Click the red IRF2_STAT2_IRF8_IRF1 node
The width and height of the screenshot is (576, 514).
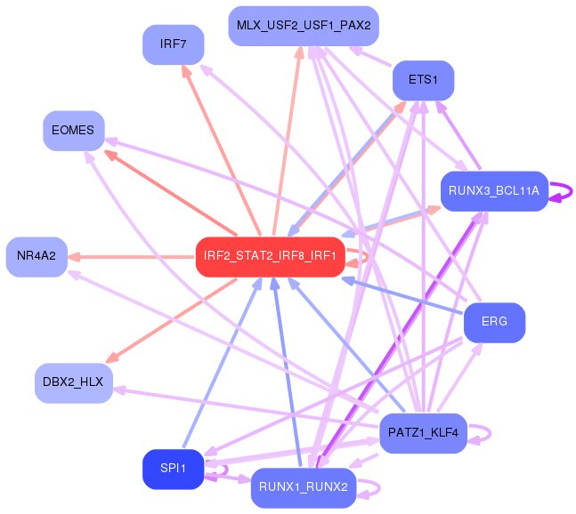pos(270,257)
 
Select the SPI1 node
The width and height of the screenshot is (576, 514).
pos(173,470)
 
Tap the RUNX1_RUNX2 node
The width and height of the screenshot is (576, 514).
pos(304,487)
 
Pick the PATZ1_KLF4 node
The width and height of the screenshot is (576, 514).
pos(423,434)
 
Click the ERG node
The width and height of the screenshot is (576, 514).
pos(494,322)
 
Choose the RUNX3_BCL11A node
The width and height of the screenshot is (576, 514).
pos(493,190)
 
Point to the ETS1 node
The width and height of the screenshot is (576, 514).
pos(423,80)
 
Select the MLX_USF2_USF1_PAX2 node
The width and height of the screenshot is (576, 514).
pos(304,25)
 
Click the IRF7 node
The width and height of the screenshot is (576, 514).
pos(173,44)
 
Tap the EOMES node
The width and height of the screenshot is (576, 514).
pos(73,131)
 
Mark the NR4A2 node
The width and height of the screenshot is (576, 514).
pos(37,256)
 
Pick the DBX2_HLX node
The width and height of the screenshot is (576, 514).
pos(73,382)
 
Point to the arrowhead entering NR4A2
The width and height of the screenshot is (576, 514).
pos(75,256)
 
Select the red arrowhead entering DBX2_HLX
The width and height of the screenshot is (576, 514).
pos(115,357)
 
